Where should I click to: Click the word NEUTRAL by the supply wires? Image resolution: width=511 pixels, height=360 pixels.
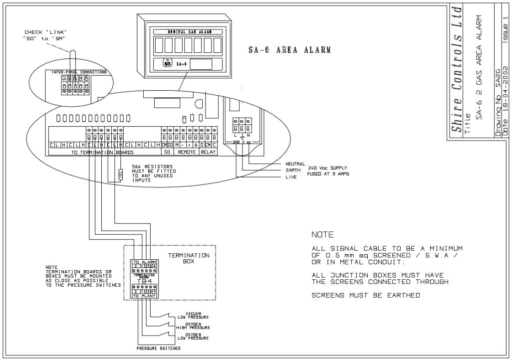tap(294, 164)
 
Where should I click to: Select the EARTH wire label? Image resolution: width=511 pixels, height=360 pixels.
tap(291, 171)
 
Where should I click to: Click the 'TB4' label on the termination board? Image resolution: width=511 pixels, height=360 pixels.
tap(144, 281)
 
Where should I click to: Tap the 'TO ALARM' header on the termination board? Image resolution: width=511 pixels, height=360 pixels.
tap(145, 261)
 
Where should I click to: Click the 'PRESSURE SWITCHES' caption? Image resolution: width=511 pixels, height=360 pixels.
tap(159, 349)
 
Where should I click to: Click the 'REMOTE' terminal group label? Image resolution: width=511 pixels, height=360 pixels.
tap(186, 152)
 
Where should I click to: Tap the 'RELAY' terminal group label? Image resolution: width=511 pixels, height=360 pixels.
tap(208, 152)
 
